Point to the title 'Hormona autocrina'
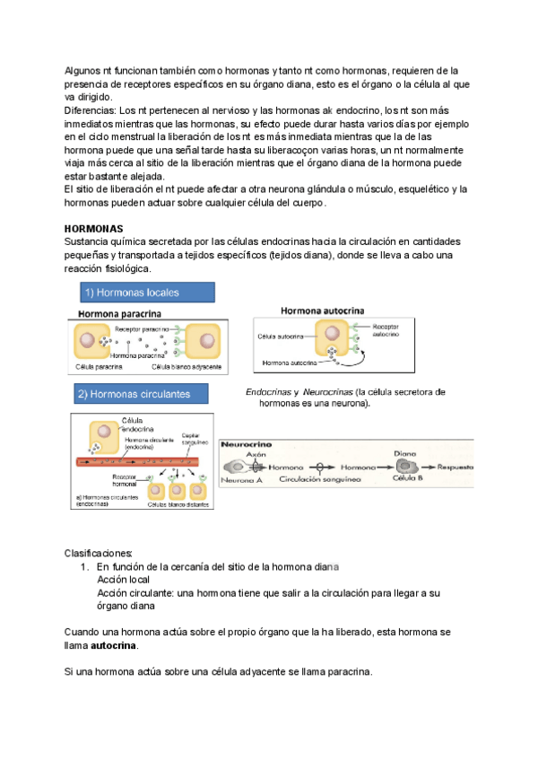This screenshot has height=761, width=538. coord(323,311)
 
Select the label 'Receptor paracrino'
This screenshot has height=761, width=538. coord(142,329)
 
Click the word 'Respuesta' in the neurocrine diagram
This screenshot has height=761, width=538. coord(459,468)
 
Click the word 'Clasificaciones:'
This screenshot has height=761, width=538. coord(100,552)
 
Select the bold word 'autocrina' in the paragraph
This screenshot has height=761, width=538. coord(114,646)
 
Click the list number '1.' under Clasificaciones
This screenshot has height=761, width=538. coord(86,567)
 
